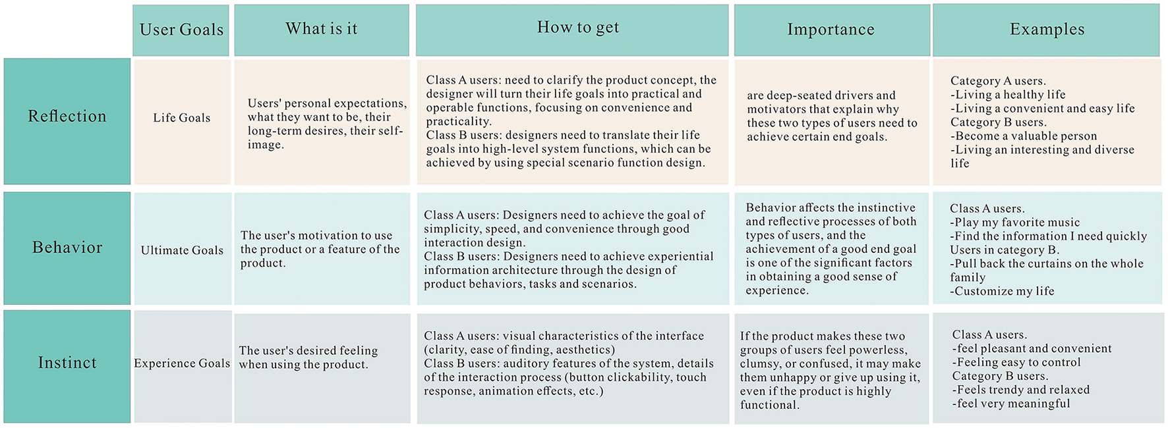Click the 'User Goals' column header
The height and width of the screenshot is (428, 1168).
(x=181, y=30)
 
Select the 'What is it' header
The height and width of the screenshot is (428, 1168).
(x=322, y=30)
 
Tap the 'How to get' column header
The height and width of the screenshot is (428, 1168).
(x=572, y=30)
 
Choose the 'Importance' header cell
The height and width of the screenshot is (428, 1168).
(x=831, y=30)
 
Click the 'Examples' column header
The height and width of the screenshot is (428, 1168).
(x=1047, y=30)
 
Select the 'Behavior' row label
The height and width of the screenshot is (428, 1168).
(x=67, y=248)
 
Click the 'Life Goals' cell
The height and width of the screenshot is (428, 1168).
(x=182, y=118)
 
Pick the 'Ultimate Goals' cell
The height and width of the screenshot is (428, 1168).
(x=182, y=250)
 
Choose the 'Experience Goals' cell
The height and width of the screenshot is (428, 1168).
(x=182, y=363)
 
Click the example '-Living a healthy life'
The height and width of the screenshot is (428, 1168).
(x=1008, y=95)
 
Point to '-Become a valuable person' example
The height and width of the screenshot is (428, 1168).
(x=1024, y=136)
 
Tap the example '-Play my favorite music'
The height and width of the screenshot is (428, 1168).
(x=1015, y=223)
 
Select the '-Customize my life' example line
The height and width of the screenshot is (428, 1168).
(x=1002, y=291)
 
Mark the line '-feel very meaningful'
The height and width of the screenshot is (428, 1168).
(x=1011, y=404)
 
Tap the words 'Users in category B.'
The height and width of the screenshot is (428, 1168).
(x=1005, y=250)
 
